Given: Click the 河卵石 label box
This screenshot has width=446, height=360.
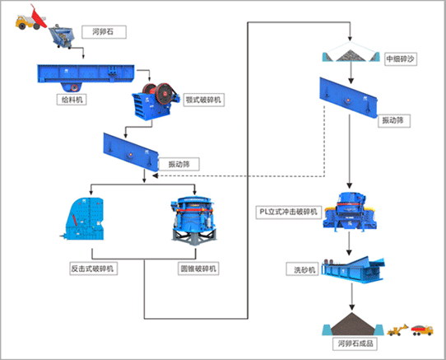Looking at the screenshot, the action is click(x=105, y=32).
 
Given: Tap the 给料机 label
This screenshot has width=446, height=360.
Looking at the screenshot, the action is click(x=72, y=100).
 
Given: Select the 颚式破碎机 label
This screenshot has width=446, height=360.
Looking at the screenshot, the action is click(x=203, y=100).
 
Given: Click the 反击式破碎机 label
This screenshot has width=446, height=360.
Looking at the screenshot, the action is click(x=93, y=269).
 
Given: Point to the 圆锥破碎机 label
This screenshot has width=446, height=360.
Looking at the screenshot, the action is click(x=198, y=269).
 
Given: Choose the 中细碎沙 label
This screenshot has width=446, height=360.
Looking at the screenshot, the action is click(x=401, y=59).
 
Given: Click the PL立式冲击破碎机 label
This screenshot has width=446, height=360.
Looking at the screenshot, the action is click(x=289, y=213).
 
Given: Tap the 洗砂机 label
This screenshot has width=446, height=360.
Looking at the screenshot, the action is click(x=302, y=269).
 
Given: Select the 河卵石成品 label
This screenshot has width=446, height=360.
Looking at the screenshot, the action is click(x=355, y=344).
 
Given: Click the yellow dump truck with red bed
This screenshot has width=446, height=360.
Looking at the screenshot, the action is click(x=31, y=18).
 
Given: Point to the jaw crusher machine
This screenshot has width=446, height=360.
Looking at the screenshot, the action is click(x=156, y=101).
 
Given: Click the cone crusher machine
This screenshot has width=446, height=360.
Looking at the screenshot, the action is click(x=194, y=220).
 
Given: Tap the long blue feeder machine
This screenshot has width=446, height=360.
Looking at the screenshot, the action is click(x=86, y=77).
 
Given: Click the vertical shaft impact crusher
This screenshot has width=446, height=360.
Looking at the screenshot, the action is click(x=350, y=212).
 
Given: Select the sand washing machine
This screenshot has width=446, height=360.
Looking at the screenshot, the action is click(x=353, y=269).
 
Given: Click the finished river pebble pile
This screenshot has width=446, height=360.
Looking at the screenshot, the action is click(x=353, y=325).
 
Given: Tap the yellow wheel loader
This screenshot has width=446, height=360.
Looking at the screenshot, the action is click(x=397, y=330).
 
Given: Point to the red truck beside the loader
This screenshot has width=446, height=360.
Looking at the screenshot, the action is click(x=422, y=330).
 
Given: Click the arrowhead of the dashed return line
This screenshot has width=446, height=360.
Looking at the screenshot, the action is click(x=155, y=176).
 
